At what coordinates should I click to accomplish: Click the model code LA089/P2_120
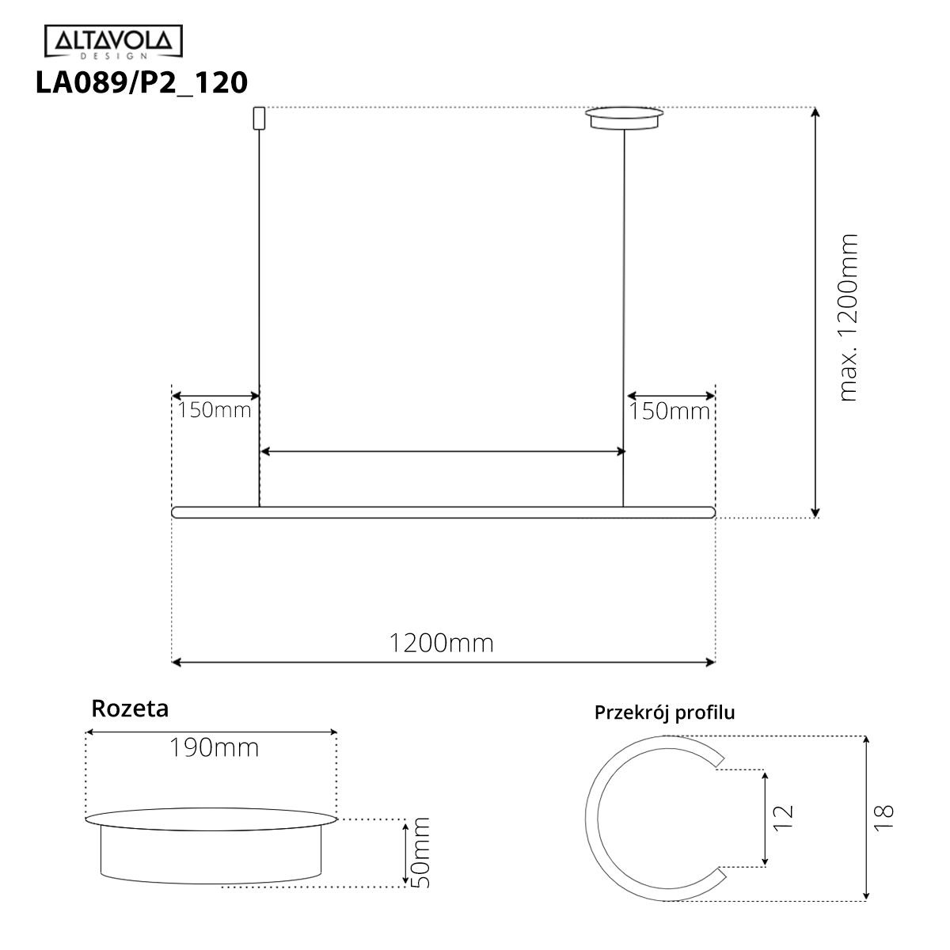[141, 82]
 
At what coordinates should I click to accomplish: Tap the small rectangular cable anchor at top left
[257, 118]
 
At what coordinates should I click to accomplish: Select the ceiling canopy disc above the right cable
[625, 118]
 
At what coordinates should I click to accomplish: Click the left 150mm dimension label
[214, 410]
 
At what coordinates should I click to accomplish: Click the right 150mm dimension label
[670, 412]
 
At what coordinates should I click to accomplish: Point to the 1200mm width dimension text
[441, 643]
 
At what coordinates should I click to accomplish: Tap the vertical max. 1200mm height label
[848, 317]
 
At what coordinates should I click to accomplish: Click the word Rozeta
[130, 708]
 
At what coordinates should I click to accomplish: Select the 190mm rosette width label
[214, 747]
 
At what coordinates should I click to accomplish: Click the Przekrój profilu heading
[664, 712]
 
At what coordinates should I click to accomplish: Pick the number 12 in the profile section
[781, 816]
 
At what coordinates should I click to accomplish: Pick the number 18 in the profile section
[884, 816]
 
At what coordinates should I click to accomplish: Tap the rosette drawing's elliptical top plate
[211, 818]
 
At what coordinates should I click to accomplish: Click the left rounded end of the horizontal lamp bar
[177, 512]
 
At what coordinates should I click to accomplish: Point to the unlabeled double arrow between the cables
[443, 451]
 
